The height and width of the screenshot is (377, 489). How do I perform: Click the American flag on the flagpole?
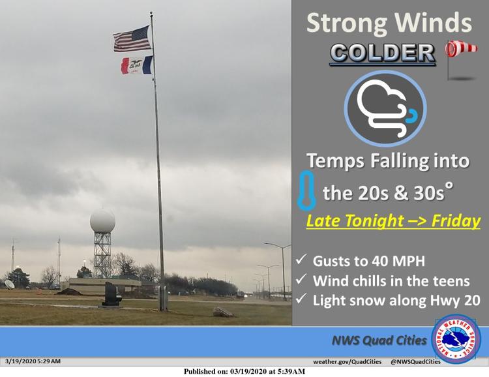(132, 39)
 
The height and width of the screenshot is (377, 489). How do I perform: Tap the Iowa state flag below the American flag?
(137, 65)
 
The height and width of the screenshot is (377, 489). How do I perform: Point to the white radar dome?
(102, 221)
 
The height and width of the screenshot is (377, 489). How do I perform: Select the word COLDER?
(382, 53)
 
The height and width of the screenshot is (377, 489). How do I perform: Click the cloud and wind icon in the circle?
(385, 108)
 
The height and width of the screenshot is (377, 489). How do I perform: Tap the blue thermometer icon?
(306, 190)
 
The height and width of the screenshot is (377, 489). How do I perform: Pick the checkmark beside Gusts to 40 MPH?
(301, 260)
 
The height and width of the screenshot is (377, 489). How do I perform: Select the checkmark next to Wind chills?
(301, 279)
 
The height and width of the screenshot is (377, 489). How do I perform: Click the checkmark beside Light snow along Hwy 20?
(301, 299)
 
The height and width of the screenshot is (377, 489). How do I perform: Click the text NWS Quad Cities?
(379, 340)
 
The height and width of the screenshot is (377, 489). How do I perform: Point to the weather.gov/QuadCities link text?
(347, 362)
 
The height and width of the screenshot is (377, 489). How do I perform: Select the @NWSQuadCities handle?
(415, 362)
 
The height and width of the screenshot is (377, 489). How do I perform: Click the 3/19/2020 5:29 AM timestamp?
(33, 361)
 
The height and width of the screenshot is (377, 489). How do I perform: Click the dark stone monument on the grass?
(111, 294)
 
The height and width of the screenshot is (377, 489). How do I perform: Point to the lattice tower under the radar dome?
(102, 254)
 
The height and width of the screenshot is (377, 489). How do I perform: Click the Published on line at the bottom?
(244, 372)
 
